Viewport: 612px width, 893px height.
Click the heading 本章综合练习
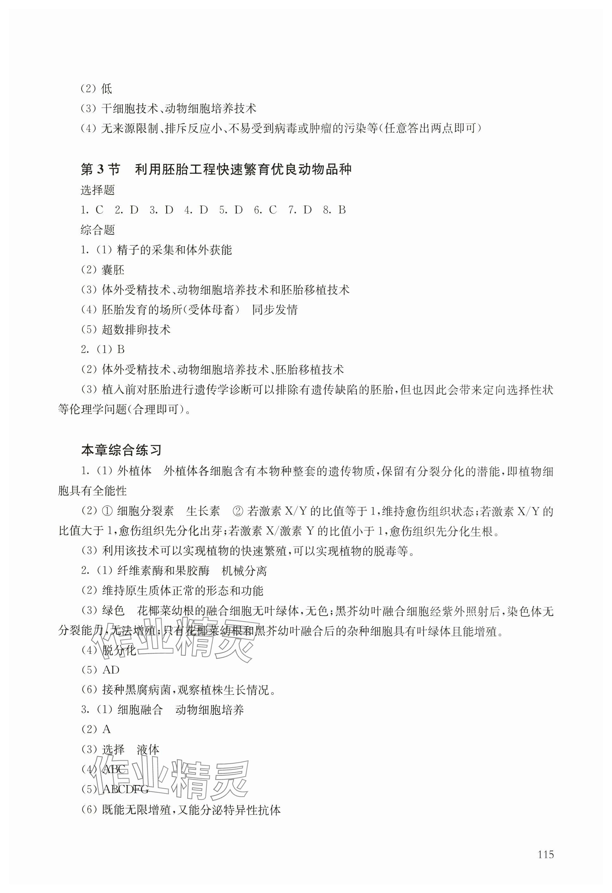point(121,450)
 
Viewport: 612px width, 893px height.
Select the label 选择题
point(98,190)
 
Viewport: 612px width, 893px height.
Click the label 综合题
point(98,230)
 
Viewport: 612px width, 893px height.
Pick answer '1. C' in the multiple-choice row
point(92,210)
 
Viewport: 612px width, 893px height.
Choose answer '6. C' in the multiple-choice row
point(265,210)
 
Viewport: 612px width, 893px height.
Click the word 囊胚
point(113,270)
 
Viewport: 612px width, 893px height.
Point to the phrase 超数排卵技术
point(136,329)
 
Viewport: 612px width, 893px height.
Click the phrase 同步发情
point(275,310)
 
